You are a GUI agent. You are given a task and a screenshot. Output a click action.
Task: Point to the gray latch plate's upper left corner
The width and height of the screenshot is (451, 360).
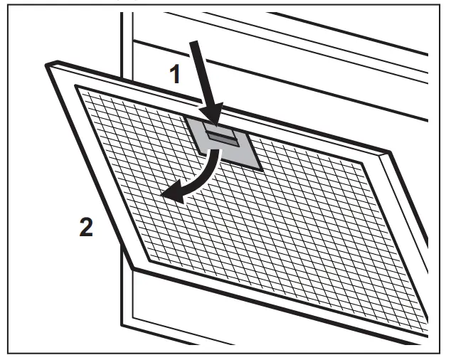click(x=186, y=116)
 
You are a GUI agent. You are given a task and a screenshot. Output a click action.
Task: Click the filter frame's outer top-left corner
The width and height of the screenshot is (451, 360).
click(x=46, y=64)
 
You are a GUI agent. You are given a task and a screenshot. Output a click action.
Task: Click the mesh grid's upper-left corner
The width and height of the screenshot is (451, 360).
click(x=76, y=88)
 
